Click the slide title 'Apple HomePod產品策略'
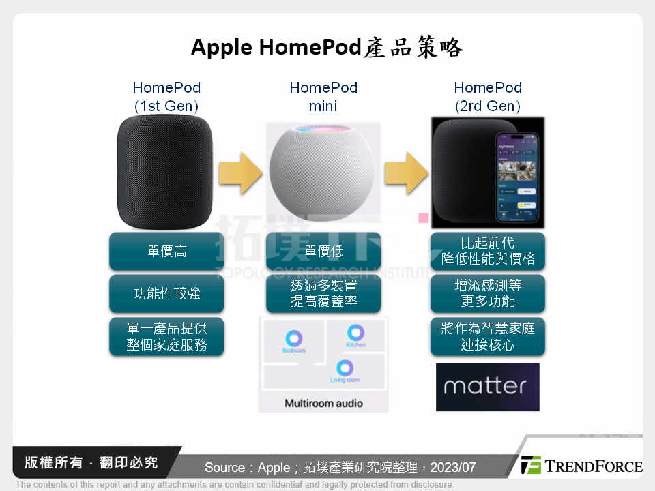coord(327,47)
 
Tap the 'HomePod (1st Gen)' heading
coord(166,96)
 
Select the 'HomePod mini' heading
coord(323,96)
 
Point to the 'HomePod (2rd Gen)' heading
coord(488,96)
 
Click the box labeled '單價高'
coord(166,252)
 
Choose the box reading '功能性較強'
coord(166,294)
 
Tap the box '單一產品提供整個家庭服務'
coord(166,336)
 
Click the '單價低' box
coord(323,252)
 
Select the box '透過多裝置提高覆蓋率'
coord(323,294)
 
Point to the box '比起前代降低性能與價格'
coord(488,252)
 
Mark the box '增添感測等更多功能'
coord(488,294)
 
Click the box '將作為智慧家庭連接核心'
coord(488,336)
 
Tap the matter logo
coord(487,387)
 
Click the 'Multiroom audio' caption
coord(323,403)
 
